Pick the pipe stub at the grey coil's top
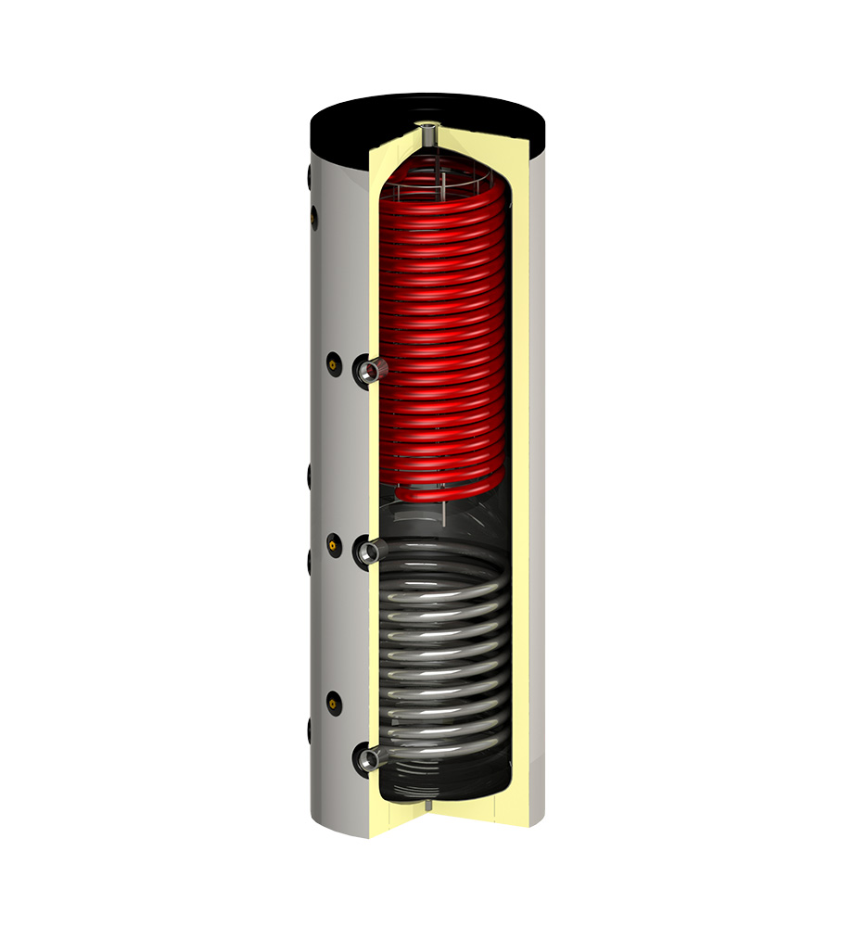(x=369, y=552)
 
